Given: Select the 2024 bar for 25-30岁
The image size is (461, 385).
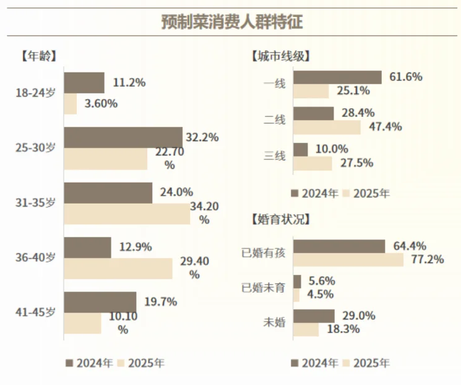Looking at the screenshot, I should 123,137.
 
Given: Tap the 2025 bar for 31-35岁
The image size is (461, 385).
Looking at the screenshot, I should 127,214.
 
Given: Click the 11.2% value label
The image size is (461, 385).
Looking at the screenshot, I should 129,82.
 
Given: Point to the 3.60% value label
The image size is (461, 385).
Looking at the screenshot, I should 101,103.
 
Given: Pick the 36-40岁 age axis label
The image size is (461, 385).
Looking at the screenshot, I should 35,257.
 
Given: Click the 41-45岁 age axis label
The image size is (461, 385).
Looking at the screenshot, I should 35,312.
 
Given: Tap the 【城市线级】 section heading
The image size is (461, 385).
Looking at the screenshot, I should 280,56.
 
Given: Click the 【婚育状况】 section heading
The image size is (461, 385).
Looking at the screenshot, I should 280,218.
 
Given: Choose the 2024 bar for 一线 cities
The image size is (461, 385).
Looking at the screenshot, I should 337,77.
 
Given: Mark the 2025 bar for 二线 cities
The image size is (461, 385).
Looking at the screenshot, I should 327,128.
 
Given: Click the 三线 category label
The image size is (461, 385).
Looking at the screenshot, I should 275,156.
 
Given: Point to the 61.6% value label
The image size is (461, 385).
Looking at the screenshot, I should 406,77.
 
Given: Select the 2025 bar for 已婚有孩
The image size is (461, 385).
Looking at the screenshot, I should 348,259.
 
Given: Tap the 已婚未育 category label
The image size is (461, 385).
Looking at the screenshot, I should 264,288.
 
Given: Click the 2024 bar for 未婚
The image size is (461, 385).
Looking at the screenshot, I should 314,316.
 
